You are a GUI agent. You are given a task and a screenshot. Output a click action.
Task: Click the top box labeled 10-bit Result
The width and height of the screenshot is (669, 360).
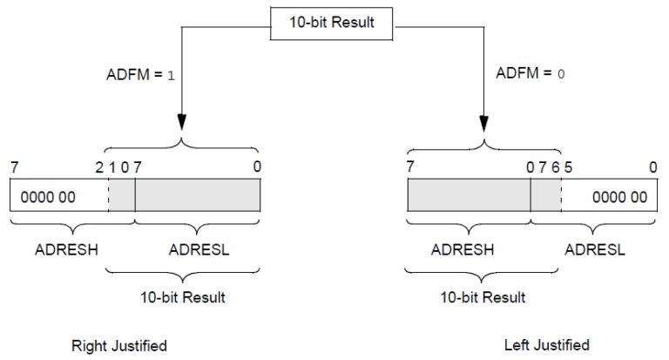tap(332, 22)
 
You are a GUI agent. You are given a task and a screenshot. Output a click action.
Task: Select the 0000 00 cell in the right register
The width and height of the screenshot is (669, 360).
tap(619, 197)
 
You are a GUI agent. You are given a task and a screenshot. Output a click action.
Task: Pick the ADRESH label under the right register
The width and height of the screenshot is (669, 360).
tap(464, 250)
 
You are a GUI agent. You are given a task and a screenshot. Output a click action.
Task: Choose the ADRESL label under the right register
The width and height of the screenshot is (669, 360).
tap(595, 250)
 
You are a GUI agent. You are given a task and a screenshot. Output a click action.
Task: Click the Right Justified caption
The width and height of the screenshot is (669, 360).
tap(118, 346)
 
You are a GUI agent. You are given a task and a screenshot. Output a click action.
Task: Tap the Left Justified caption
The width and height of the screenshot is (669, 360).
tap(547, 344)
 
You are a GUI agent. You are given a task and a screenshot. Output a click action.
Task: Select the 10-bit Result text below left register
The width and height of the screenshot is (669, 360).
tap(183, 297)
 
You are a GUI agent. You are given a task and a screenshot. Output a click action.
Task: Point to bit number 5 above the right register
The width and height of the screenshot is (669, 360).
tap(568, 166)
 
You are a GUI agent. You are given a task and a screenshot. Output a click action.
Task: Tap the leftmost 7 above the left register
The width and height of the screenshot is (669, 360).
tap(14, 166)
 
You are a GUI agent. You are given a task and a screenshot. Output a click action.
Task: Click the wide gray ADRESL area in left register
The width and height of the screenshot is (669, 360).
tap(198, 196)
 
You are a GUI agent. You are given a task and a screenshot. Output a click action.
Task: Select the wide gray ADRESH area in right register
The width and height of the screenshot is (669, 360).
tap(469, 196)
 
